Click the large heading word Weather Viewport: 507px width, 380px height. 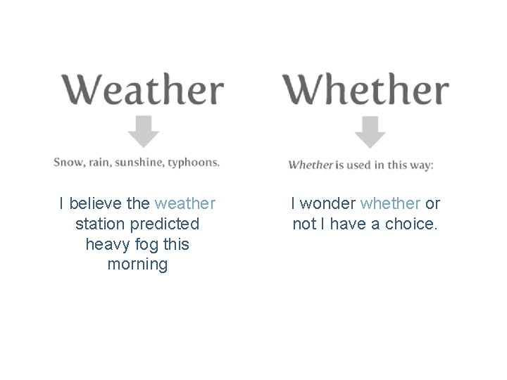[143, 90]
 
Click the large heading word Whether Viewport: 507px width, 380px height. [365, 90]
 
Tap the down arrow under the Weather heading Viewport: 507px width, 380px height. [144, 131]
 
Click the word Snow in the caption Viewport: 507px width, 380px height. [68, 162]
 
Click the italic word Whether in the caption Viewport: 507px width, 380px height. [311, 165]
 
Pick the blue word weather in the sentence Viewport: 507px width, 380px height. [185, 203]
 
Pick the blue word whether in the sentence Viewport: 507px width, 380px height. [390, 203]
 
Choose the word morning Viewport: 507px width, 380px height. [138, 265]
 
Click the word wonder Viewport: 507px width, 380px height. [328, 203]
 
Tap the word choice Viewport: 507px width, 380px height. [412, 224]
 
